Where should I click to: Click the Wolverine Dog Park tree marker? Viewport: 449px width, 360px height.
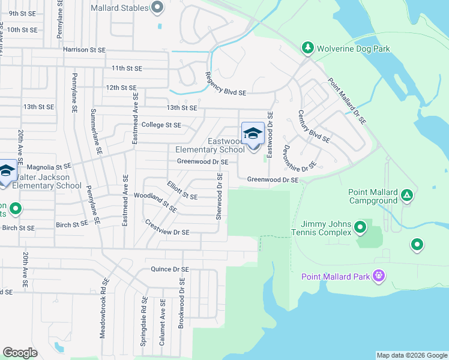pos(307,47)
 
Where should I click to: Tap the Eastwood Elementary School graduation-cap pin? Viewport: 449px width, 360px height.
pos(253,133)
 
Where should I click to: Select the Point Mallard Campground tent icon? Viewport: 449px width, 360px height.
pos(407,195)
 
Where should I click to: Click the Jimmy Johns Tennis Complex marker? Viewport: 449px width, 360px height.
pos(360,227)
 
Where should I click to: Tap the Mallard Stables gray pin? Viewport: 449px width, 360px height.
pos(157,8)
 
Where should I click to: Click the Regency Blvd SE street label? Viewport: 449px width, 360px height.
pos(226,84)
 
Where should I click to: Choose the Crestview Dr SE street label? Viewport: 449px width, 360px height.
pos(167,227)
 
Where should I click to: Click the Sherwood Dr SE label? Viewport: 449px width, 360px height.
pos(220,196)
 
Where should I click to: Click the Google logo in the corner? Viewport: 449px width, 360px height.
pos(20,353)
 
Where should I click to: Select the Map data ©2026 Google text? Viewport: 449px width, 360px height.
pos(411,355)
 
